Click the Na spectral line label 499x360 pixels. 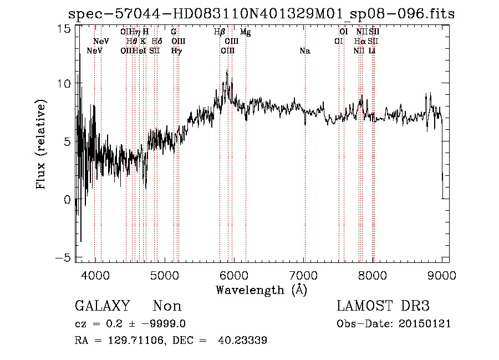[304, 51]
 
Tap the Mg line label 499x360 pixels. [245, 32]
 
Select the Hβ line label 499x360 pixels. [220, 32]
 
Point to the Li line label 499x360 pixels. [373, 51]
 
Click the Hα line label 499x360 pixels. [360, 42]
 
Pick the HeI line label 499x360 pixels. [140, 51]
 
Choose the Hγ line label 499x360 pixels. [176, 51]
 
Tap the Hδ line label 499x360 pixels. [156, 42]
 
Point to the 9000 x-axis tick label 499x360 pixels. [442, 275]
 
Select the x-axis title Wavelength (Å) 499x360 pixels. [261, 290]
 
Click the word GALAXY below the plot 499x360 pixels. [103, 306]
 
